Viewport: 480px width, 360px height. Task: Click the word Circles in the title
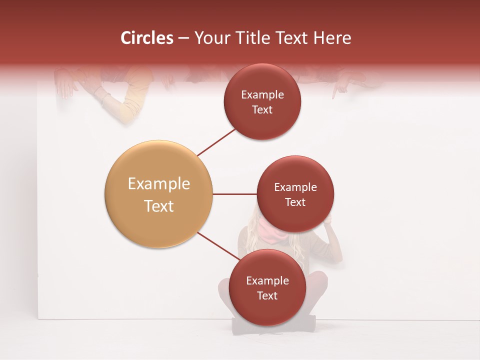point(146,38)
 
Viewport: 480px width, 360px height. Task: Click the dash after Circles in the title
point(183,38)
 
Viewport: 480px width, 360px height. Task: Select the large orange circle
point(158,194)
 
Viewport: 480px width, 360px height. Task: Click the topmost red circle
point(262,102)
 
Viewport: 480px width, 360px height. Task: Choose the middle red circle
point(295,194)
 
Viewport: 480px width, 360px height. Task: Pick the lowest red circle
point(267,288)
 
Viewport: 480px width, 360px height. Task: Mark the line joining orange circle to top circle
point(217,142)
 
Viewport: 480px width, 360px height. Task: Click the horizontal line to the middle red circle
point(234,194)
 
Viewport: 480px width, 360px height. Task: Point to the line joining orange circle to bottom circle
point(219,246)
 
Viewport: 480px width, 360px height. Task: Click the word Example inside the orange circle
point(158,184)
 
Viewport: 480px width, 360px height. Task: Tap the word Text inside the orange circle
point(158,206)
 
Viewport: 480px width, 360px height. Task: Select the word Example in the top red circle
point(262,95)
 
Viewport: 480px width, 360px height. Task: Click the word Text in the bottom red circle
point(267,295)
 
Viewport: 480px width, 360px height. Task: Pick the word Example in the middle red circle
point(295,187)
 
